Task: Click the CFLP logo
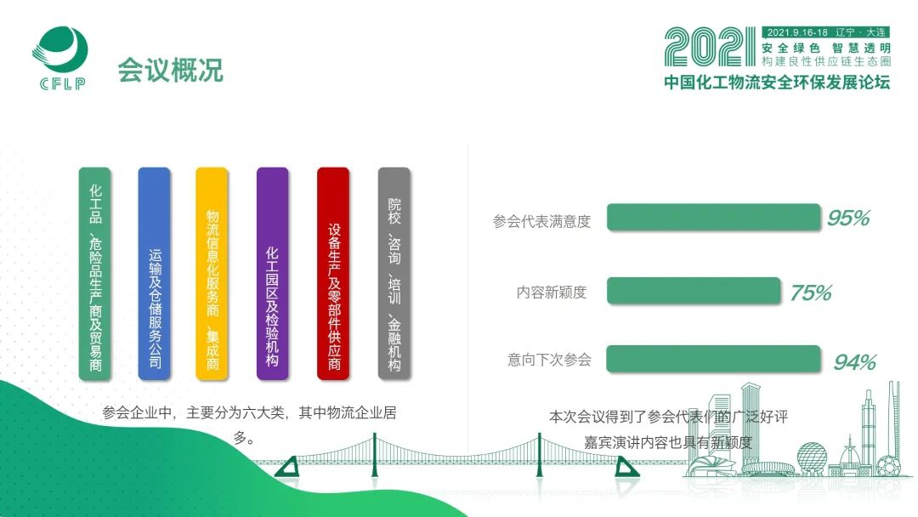[59, 58]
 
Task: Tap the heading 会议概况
[170, 71]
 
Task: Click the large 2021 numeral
[710, 47]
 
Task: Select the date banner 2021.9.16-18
[796, 32]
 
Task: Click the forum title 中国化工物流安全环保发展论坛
[777, 82]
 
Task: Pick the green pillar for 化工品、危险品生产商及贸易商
[95, 274]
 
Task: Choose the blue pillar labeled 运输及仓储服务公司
[154, 274]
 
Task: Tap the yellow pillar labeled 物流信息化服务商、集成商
[212, 274]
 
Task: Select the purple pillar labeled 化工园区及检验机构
[273, 274]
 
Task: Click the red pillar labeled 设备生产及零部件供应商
[333, 274]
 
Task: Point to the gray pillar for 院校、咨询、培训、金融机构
[394, 274]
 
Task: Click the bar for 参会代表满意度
[714, 217]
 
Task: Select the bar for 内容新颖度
[694, 291]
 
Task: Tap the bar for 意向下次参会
[714, 359]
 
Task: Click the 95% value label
[848, 219]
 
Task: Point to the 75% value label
[811, 293]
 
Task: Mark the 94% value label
[855, 362]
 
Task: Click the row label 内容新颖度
[552, 293]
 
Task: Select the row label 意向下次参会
[549, 360]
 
